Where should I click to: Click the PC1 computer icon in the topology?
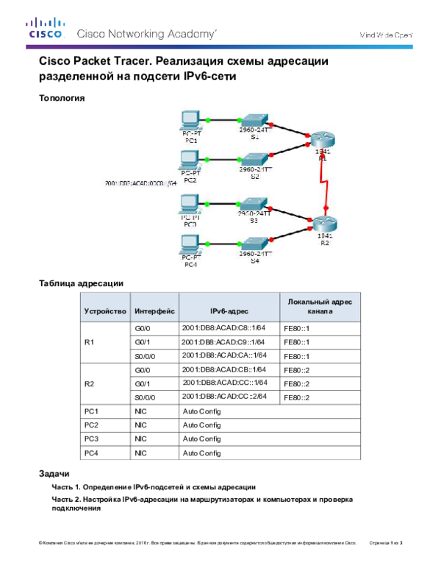coord(190,121)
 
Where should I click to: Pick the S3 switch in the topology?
coord(255,202)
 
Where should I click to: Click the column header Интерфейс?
coord(154,311)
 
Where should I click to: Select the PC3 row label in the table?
coord(92,439)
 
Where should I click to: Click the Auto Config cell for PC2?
coord(201,425)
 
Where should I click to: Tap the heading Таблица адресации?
coord(80,282)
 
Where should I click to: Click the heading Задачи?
coord(54,472)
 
